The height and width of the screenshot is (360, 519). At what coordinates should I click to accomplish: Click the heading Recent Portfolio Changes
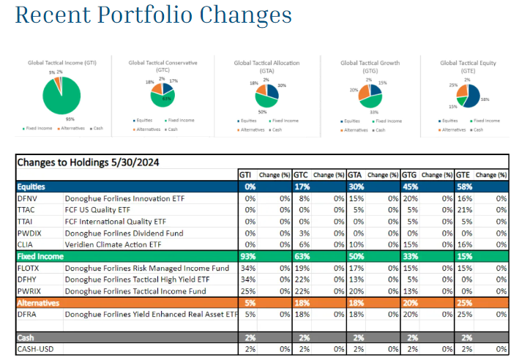[x=153, y=15]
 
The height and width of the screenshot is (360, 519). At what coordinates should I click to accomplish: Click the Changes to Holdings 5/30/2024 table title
[x=89, y=162]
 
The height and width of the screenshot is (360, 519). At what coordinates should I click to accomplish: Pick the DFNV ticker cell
[x=29, y=198]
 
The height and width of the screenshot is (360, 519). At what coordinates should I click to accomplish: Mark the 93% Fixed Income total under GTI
[x=248, y=257]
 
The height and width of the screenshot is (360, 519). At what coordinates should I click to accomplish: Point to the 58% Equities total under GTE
[x=463, y=187]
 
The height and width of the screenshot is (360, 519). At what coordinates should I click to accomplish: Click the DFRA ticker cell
[x=28, y=314]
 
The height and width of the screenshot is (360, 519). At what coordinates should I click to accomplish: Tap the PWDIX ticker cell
[x=30, y=233]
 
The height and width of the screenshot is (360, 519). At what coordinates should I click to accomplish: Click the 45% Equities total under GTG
[x=410, y=187]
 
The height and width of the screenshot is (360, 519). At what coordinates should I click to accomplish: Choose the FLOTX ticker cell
[x=30, y=268]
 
